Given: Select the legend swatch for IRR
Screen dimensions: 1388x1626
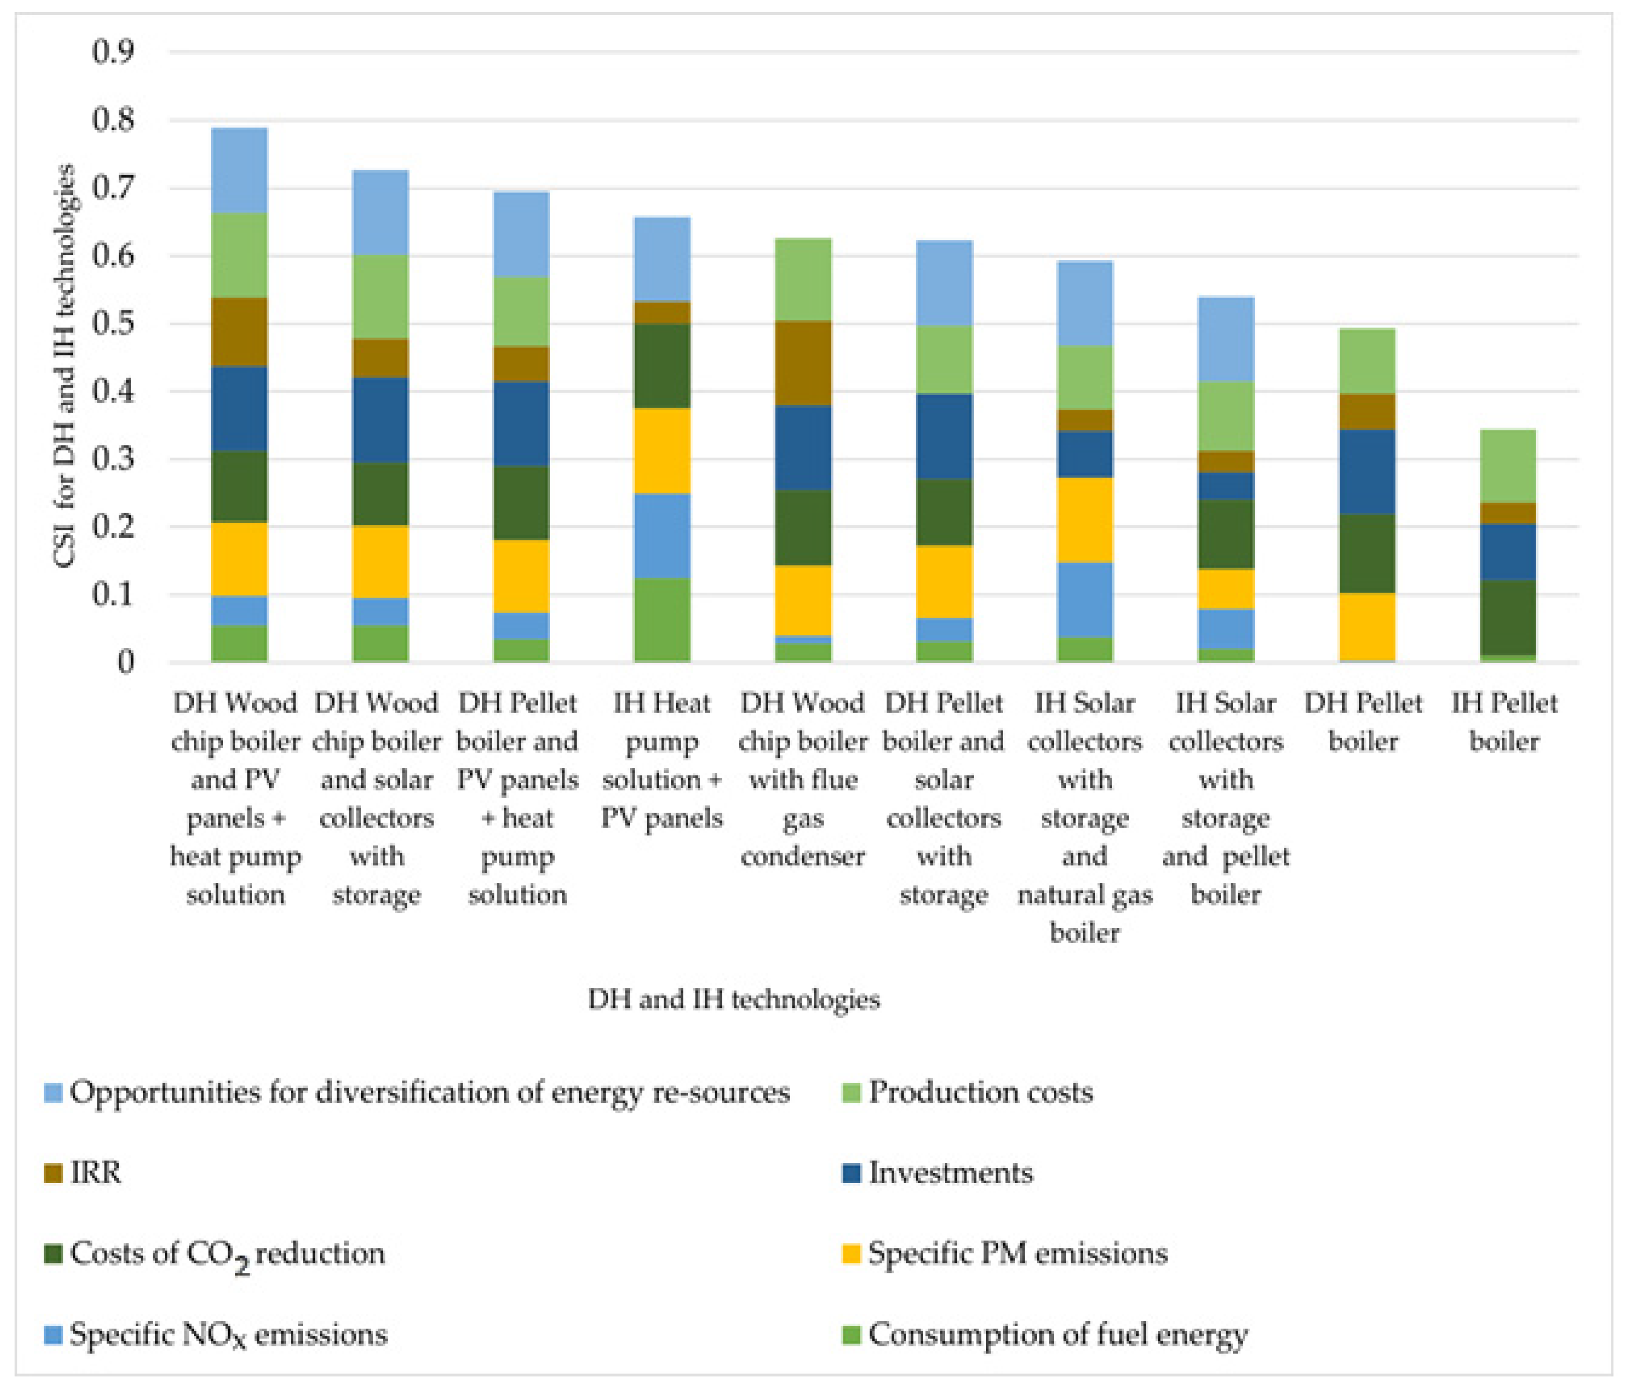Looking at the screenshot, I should click(x=53, y=1174).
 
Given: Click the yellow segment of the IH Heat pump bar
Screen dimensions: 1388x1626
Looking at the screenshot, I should click(x=662, y=450).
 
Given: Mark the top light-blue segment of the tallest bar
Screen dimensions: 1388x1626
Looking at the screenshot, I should click(x=239, y=169).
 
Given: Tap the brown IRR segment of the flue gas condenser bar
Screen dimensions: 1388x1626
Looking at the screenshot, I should click(x=803, y=363).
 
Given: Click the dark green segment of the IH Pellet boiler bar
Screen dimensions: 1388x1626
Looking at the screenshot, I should click(x=1507, y=618).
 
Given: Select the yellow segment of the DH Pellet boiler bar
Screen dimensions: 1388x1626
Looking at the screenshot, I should click(x=1367, y=626).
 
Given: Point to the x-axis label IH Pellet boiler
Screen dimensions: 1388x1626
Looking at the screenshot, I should click(x=1503, y=722).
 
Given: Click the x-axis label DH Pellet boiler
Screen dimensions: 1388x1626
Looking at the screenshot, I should click(x=1363, y=722).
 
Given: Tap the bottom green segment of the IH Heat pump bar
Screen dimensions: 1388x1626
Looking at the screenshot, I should click(x=662, y=620).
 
